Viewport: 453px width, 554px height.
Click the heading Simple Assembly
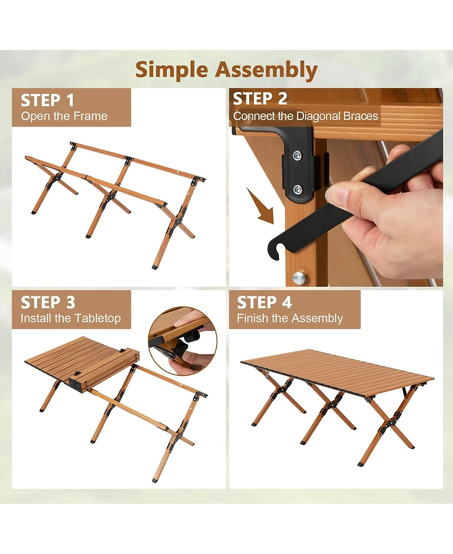pyautogui.click(x=226, y=70)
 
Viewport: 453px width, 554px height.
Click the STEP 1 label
pyautogui.click(x=48, y=100)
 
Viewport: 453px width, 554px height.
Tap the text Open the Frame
pyautogui.click(x=64, y=116)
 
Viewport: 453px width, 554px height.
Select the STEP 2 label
pyautogui.click(x=260, y=99)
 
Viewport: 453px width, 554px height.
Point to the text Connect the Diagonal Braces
pyautogui.click(x=306, y=116)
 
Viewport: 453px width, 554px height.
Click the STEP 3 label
pyautogui.click(x=48, y=302)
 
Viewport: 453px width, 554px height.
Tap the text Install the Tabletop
pyautogui.click(x=71, y=319)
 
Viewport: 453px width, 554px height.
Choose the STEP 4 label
pyautogui.click(x=264, y=302)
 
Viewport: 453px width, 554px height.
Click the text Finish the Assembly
pyautogui.click(x=290, y=319)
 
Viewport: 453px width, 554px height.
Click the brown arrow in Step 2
pyautogui.click(x=261, y=208)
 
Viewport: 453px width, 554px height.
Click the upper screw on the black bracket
pyautogui.click(x=297, y=155)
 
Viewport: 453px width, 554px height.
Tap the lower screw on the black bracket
pyautogui.click(x=297, y=190)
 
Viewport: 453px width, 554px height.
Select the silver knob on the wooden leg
pyautogui.click(x=299, y=278)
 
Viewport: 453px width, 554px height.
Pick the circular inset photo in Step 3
pyautogui.click(x=183, y=341)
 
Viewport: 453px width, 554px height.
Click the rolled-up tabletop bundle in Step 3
pyautogui.click(x=106, y=369)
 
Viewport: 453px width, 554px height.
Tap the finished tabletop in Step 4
pyautogui.click(x=337, y=369)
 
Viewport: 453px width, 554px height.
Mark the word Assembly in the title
pyautogui.click(x=267, y=70)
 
